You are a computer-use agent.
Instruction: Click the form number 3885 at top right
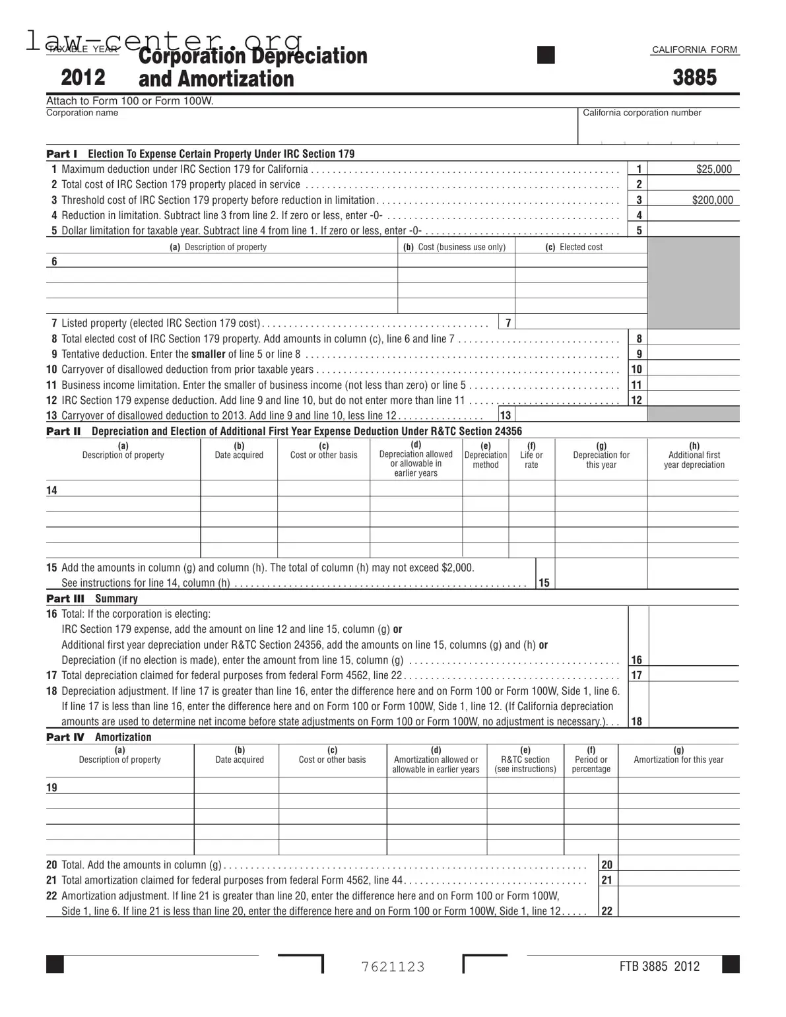pyautogui.click(x=694, y=78)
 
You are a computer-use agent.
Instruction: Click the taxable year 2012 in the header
pyautogui.click(x=83, y=78)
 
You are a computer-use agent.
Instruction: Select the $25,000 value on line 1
pyautogui.click(x=713, y=169)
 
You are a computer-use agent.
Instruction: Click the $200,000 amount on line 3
pyautogui.click(x=712, y=200)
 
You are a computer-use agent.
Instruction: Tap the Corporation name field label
pyautogui.click(x=82, y=113)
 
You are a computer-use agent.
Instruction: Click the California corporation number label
pyautogui.click(x=641, y=113)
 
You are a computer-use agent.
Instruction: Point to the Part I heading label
pyautogui.click(x=61, y=154)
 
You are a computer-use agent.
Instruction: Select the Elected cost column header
pyautogui.click(x=573, y=247)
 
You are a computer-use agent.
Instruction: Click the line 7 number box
pyautogui.click(x=508, y=323)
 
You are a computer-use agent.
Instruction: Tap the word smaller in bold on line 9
pyautogui.click(x=208, y=354)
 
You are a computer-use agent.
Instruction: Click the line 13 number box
pyautogui.click(x=506, y=415)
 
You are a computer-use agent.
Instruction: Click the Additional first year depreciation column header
pyautogui.click(x=694, y=455)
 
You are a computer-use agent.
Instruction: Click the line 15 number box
pyautogui.click(x=544, y=583)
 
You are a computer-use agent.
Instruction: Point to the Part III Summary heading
pyautogui.click(x=92, y=599)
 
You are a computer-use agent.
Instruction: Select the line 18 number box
pyautogui.click(x=637, y=721)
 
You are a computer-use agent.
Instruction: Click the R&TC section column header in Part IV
pyautogui.click(x=525, y=760)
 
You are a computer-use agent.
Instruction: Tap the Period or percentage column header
pyautogui.click(x=591, y=760)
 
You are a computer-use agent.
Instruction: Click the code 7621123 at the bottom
pyautogui.click(x=393, y=967)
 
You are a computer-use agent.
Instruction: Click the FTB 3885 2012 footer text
pyautogui.click(x=659, y=966)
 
